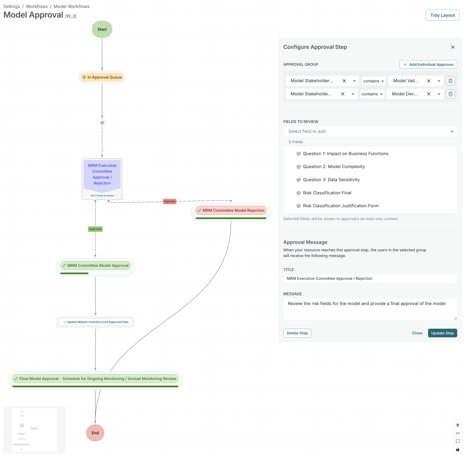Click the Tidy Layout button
pyautogui.click(x=442, y=15)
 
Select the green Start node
pyautogui.click(x=102, y=29)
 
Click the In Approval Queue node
pyautogui.click(x=102, y=77)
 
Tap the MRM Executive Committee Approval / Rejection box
pyautogui.click(x=102, y=175)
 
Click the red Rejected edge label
pyautogui.click(x=169, y=201)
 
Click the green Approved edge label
pyautogui.click(x=95, y=229)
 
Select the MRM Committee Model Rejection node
pyautogui.click(x=231, y=210)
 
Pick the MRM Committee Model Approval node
pyautogui.click(x=95, y=266)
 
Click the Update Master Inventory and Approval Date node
pyautogui.click(x=95, y=322)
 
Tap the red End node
pyautogui.click(x=95, y=433)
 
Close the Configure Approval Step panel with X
pyautogui.click(x=453, y=47)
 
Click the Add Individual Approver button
pyautogui.click(x=428, y=65)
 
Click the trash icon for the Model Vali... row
pyautogui.click(x=450, y=81)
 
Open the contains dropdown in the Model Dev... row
pyautogui.click(x=372, y=94)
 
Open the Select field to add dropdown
pyautogui.click(x=370, y=132)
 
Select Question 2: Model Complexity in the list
pyautogui.click(x=334, y=167)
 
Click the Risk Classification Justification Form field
pyautogui.click(x=341, y=206)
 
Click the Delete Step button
pyautogui.click(x=297, y=333)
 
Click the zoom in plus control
pyautogui.click(x=457, y=425)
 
